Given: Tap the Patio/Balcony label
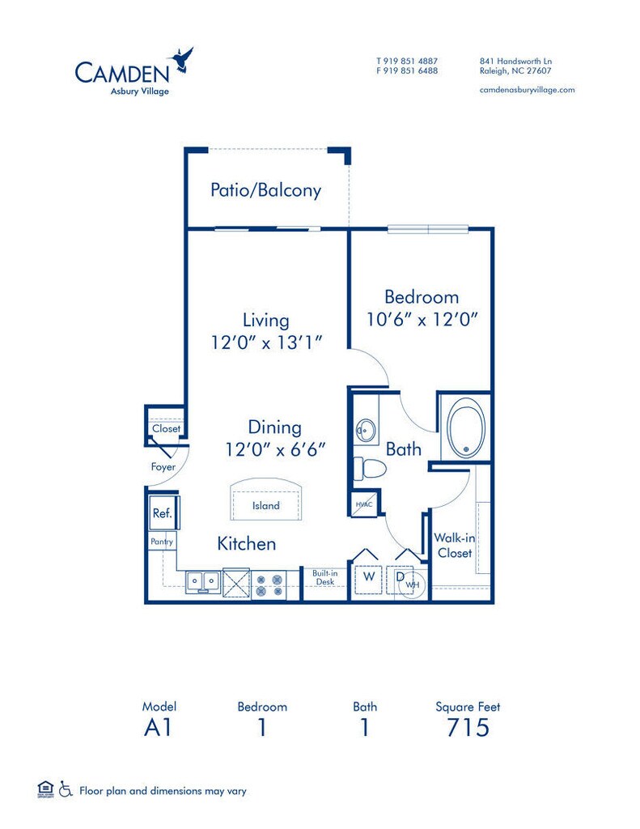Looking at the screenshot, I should click(x=265, y=190).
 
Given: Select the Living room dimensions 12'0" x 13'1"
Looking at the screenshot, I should click(x=267, y=342).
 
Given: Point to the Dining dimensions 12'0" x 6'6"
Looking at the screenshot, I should click(x=274, y=448).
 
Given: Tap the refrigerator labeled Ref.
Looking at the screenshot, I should click(x=161, y=512).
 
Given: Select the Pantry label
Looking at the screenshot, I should click(x=160, y=541).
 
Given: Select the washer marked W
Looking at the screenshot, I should click(x=368, y=576).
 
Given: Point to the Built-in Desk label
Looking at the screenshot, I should click(x=324, y=577).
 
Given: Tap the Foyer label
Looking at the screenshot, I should click(x=163, y=466).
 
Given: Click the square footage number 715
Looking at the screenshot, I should click(x=467, y=727).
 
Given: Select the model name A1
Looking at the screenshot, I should click(x=158, y=727).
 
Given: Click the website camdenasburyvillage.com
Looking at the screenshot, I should click(x=527, y=90).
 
